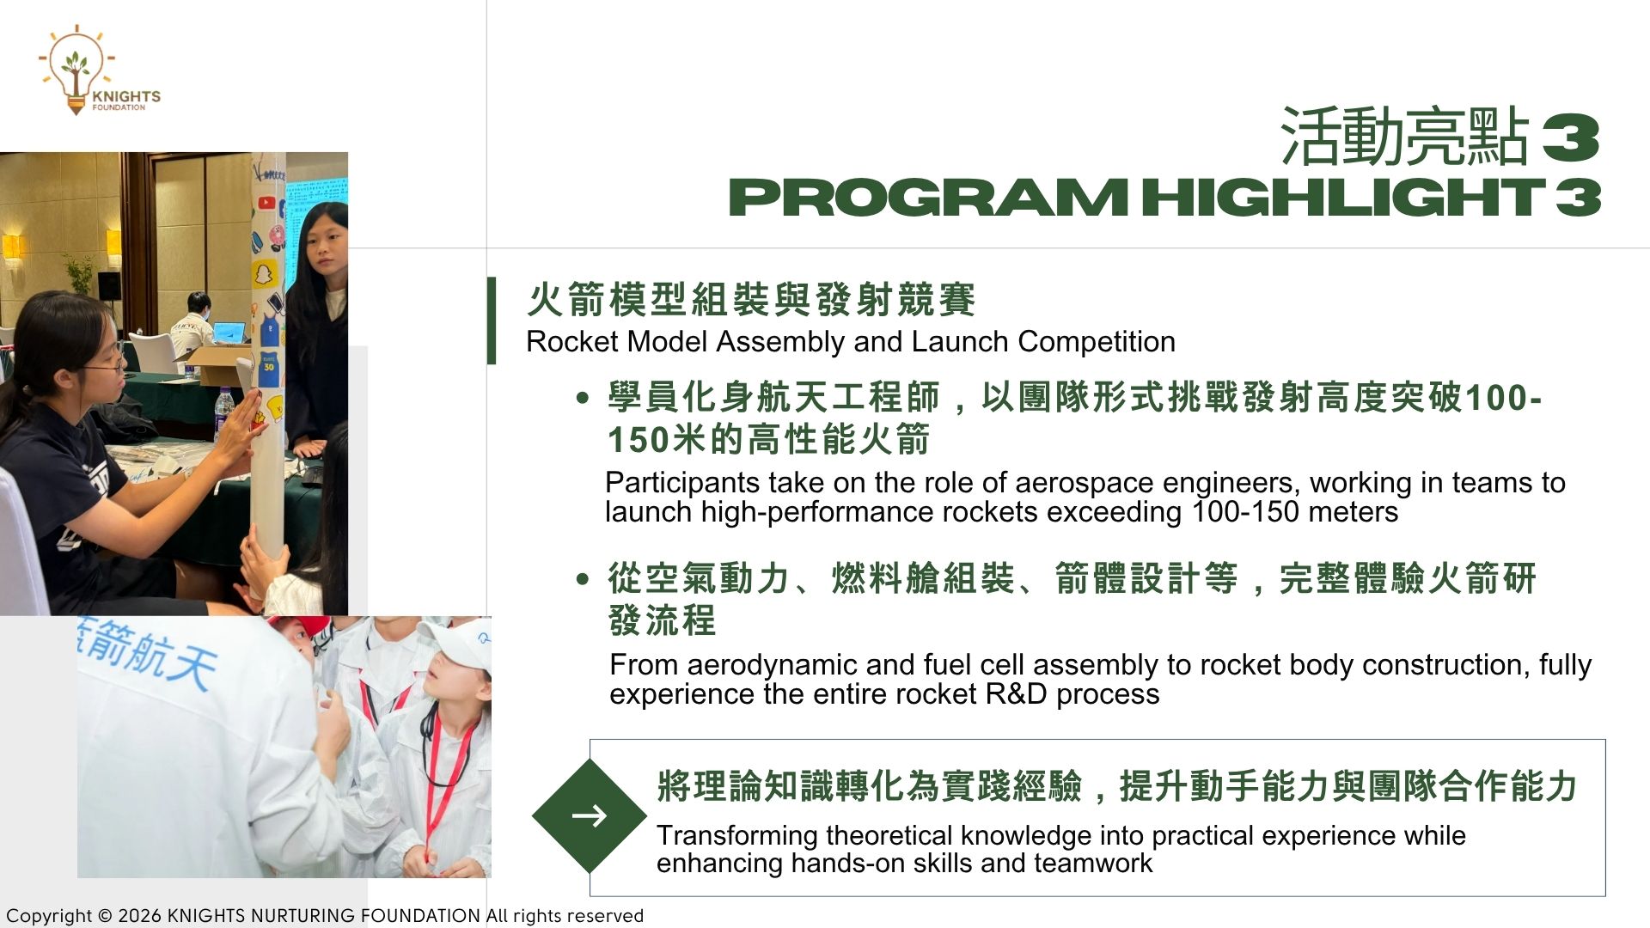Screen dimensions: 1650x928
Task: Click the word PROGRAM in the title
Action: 928,197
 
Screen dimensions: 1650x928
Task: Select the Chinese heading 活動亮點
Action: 1405,136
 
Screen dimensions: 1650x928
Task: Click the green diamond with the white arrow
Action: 590,815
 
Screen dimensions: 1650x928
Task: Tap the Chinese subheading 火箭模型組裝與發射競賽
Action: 751,299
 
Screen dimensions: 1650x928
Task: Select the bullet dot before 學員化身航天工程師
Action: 584,398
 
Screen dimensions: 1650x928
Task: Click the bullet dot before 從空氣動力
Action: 584,579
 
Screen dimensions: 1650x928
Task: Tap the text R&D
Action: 1017,694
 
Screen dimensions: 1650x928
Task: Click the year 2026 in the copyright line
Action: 139,916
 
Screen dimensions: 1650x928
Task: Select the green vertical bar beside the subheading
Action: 492,321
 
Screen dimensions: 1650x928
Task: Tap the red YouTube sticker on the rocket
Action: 266,204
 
